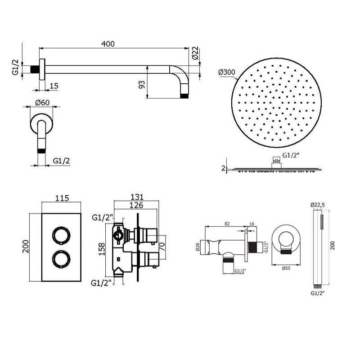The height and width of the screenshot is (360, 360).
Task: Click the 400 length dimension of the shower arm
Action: pyautogui.click(x=108, y=44)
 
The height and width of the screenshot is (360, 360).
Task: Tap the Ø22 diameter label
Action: pyautogui.click(x=195, y=53)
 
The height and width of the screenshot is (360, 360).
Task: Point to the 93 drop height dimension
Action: pyautogui.click(x=142, y=85)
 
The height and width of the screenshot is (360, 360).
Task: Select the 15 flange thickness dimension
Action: pyautogui.click(x=54, y=86)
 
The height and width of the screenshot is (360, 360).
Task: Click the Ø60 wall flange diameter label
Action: pyautogui.click(x=42, y=103)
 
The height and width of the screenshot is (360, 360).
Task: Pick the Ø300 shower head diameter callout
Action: pyautogui.click(x=227, y=72)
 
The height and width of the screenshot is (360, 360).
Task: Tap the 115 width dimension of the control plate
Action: pyautogui.click(x=62, y=198)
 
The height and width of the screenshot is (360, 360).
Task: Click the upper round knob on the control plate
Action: pyautogui.click(x=61, y=235)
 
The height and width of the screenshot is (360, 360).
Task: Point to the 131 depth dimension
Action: pyautogui.click(x=137, y=197)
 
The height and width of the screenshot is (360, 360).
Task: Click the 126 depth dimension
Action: pyautogui.click(x=136, y=205)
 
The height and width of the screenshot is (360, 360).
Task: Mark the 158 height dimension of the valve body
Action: pyautogui.click(x=102, y=249)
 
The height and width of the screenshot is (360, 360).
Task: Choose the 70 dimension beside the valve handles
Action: pyautogui.click(x=162, y=246)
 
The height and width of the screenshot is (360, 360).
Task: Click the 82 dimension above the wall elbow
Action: pyautogui.click(x=227, y=224)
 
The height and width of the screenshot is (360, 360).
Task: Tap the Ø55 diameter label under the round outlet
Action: pyautogui.click(x=286, y=268)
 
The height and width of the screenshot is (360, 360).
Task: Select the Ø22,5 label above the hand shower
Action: pyautogui.click(x=318, y=205)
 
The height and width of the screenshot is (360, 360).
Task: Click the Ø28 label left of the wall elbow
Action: pyautogui.click(x=198, y=247)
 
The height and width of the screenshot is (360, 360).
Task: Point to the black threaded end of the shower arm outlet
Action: pyautogui.click(x=184, y=96)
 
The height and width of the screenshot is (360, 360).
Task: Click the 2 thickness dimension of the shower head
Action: pyautogui.click(x=223, y=168)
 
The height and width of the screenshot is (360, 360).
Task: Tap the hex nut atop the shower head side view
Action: pyautogui.click(x=276, y=160)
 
